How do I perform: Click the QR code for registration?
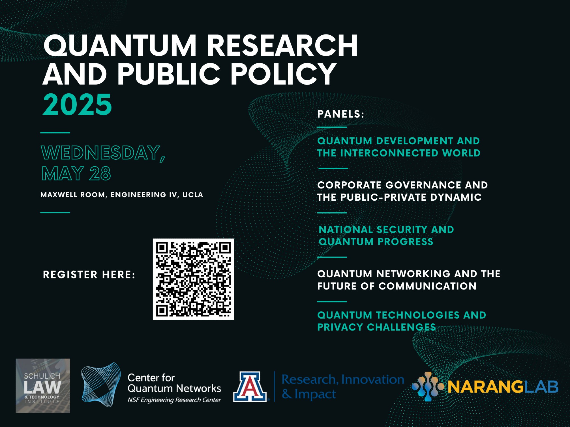193,279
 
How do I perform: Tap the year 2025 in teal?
77,104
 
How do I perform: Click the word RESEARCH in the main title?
282,45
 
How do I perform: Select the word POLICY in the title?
283,74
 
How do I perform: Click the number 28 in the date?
100,173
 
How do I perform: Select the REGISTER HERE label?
89,275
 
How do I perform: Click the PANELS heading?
341,114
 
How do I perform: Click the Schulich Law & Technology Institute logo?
43,386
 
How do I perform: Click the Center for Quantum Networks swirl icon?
101,385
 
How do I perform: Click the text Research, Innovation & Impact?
343,387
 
